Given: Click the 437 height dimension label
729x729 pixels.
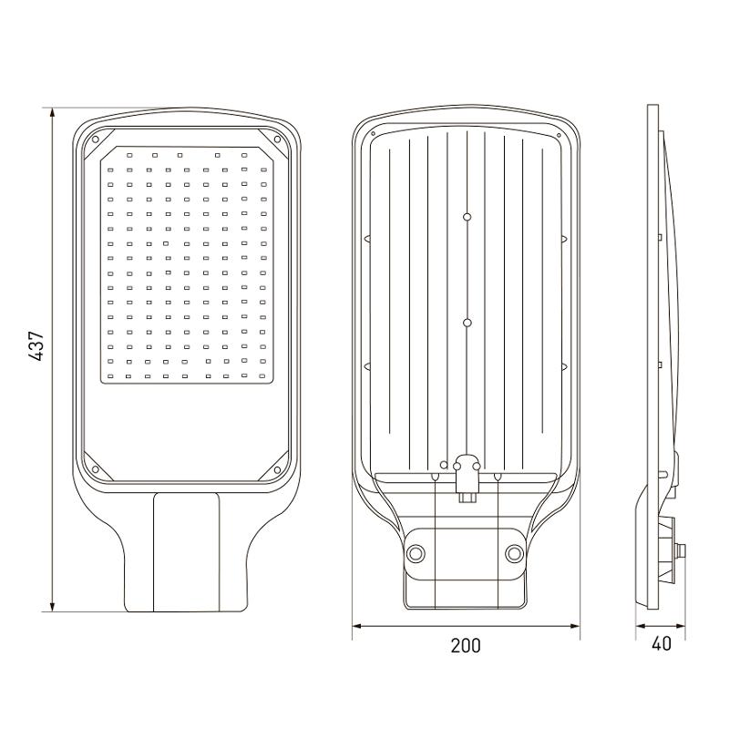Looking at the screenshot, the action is tap(36, 345).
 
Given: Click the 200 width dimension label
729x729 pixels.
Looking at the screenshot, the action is tap(466, 645).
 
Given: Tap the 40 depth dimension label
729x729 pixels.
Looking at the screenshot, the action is tap(662, 643).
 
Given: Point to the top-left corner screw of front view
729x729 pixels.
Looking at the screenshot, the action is tap(96, 139).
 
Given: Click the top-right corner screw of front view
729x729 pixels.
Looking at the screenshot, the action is tap(277, 139).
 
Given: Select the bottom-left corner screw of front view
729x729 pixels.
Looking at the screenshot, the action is tap(96, 469).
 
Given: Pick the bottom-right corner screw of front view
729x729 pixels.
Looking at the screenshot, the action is tap(277, 470).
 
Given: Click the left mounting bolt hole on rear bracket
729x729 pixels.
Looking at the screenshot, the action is tap(416, 553).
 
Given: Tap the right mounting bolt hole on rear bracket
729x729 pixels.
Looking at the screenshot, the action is tap(514, 553).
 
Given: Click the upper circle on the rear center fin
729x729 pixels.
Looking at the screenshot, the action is tap(467, 217).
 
